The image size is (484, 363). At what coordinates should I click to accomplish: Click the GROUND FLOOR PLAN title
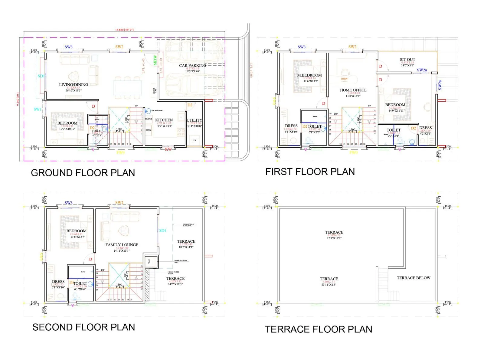(x=83, y=173)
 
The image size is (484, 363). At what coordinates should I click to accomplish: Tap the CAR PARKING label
(x=192, y=65)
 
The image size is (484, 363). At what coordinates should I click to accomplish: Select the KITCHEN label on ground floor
(x=164, y=120)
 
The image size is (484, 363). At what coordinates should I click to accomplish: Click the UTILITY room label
(x=194, y=120)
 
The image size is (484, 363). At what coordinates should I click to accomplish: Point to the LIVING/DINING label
(x=74, y=85)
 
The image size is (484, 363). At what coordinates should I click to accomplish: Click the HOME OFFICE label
(x=353, y=90)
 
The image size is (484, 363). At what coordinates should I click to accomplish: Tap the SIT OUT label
(x=407, y=60)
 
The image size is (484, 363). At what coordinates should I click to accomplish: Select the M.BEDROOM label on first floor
(x=309, y=75)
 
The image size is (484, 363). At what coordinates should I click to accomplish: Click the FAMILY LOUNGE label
(x=122, y=245)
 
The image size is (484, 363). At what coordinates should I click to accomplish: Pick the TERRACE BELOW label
(x=414, y=278)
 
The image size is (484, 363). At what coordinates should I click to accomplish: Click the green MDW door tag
(x=155, y=60)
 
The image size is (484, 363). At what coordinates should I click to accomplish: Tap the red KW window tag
(x=168, y=149)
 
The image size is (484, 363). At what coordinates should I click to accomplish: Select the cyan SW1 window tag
(x=37, y=109)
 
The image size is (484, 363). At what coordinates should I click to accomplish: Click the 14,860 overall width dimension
(x=124, y=30)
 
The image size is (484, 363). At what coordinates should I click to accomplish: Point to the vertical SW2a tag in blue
(x=440, y=85)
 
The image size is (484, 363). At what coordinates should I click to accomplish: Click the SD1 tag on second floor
(x=162, y=231)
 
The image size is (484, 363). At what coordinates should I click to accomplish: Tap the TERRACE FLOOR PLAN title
(x=319, y=329)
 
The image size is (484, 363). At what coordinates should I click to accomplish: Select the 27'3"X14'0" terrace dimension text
(x=334, y=238)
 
